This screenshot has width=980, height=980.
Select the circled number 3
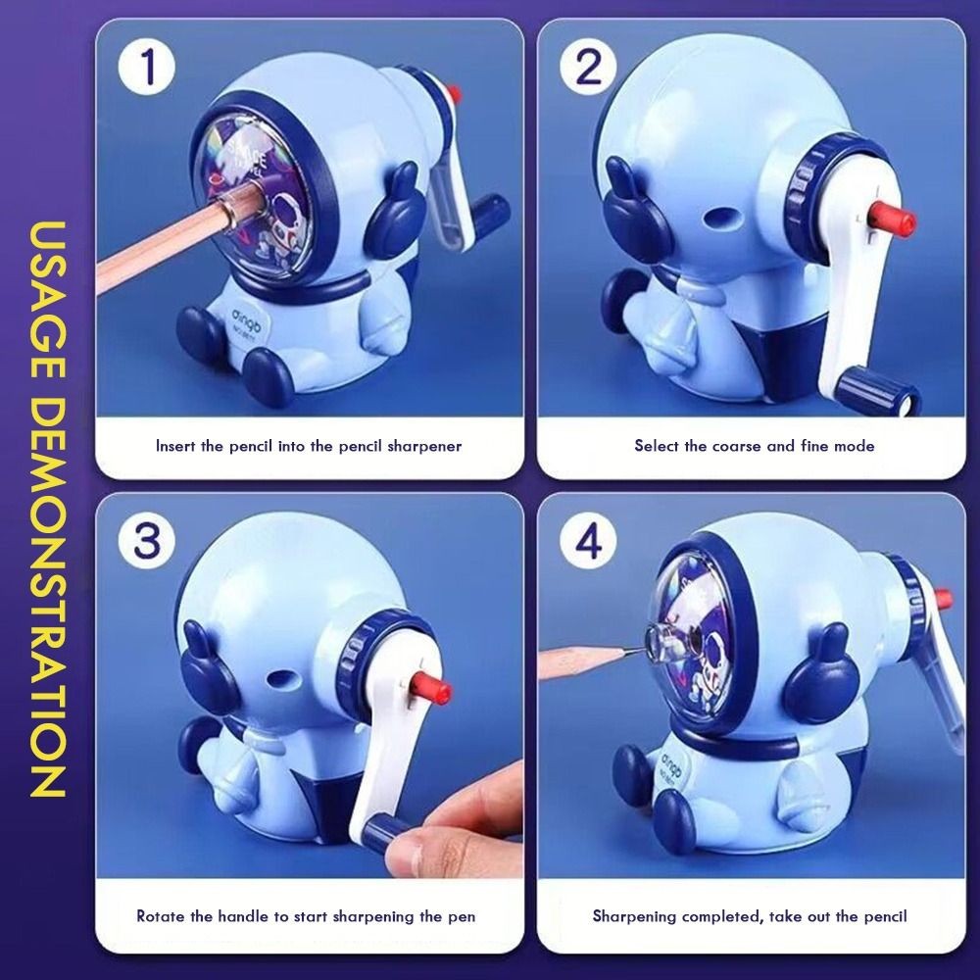click(147, 541)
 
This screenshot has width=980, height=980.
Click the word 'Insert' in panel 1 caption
click(178, 446)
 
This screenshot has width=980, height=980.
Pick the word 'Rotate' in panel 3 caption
click(159, 916)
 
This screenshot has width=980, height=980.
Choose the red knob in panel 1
click(453, 95)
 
